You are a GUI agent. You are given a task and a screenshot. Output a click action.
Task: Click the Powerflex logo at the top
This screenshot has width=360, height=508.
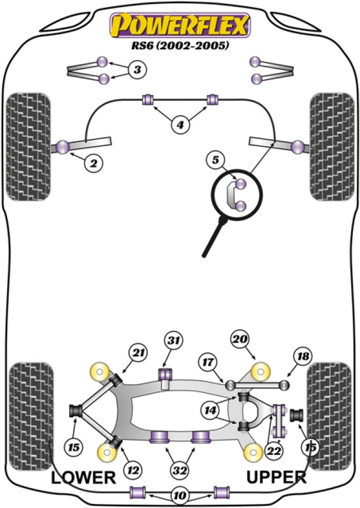click(x=181, y=25)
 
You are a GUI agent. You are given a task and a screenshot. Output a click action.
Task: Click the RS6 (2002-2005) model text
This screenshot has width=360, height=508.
click(x=181, y=46)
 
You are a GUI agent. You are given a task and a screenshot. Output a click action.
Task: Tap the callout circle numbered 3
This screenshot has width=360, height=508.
click(x=137, y=70)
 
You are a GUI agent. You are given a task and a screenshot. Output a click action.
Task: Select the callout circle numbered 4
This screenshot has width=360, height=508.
click(x=179, y=126)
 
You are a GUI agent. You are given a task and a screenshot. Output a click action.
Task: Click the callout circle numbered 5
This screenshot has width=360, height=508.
click(x=214, y=161)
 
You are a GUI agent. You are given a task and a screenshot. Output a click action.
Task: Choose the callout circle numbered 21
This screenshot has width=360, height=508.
click(x=137, y=351)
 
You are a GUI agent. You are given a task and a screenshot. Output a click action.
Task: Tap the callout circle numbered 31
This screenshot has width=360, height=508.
click(x=174, y=341)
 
